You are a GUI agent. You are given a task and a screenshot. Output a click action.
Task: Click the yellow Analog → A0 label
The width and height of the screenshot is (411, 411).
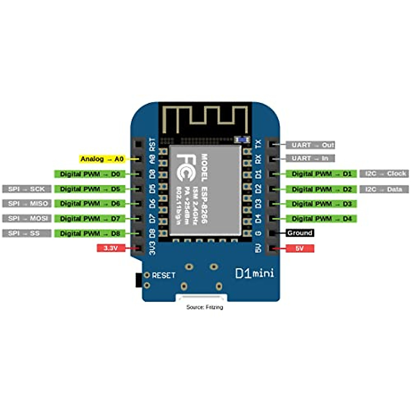click(102, 159)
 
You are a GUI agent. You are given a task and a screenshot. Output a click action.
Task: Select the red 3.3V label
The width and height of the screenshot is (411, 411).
click(111, 248)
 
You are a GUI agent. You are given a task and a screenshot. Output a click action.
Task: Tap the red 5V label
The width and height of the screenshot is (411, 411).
click(300, 248)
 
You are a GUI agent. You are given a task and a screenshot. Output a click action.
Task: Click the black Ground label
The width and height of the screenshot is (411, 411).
click(300, 233)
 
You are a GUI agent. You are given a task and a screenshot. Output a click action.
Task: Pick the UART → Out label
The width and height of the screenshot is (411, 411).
click(312, 145)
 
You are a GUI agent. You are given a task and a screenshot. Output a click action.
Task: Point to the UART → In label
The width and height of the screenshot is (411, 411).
click(310, 158)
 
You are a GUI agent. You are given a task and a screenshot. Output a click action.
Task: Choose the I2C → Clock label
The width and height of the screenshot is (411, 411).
click(384, 174)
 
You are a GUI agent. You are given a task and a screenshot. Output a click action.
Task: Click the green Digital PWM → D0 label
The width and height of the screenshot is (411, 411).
click(90, 174)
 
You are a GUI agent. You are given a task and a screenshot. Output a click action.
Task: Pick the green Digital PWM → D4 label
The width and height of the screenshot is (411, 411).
click(322, 219)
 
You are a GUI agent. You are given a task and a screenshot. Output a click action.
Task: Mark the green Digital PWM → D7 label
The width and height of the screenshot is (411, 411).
click(90, 219)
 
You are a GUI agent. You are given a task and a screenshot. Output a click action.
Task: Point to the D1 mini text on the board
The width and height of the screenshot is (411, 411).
click(254, 273)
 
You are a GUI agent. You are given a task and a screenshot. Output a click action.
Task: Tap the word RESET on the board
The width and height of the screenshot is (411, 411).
click(163, 275)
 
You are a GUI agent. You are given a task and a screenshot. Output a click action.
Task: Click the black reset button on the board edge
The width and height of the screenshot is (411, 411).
click(138, 280)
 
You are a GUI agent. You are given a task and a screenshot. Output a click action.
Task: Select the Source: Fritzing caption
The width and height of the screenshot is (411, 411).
click(204, 307)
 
